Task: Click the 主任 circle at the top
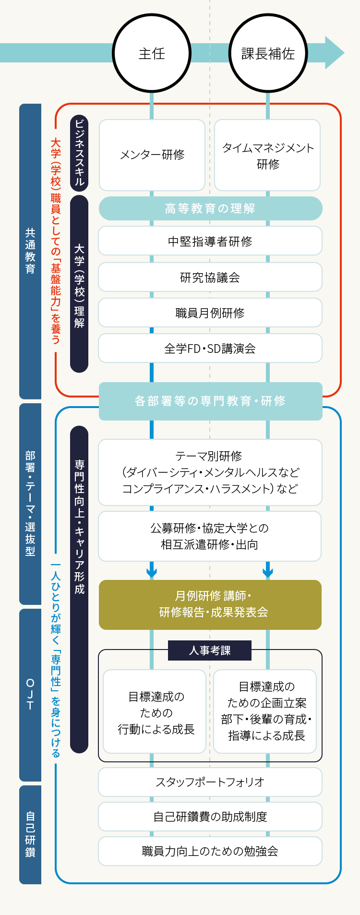point(152,53)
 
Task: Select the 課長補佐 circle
point(268,53)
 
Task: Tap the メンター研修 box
point(152,155)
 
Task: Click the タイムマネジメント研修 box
point(267,155)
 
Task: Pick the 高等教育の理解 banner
point(210,208)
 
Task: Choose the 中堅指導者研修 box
point(210,241)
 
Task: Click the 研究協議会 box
point(210,277)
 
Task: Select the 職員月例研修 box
point(210,313)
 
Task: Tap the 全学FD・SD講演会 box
point(210,348)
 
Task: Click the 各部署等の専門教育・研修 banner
point(210,401)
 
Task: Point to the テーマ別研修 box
point(210,472)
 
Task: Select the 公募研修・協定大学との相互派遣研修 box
point(210,536)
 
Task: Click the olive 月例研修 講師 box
point(210,604)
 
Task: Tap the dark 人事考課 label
point(210,650)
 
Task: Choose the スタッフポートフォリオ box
point(210,782)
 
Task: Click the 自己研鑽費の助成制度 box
point(210,817)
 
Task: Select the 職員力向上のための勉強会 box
point(210,851)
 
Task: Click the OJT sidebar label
point(30,695)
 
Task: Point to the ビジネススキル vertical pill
point(79,153)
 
